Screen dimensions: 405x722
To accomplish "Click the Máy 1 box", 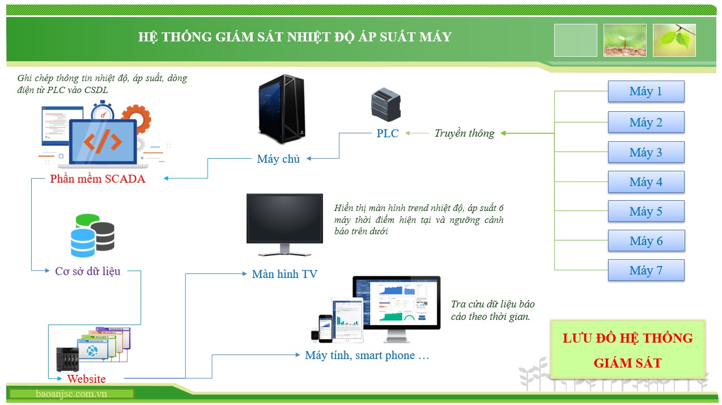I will tap(646, 91).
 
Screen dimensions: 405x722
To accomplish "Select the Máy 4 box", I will tap(646, 182).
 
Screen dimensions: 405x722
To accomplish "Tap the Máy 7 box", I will tap(646, 271).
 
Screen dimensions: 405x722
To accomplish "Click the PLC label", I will tap(388, 134).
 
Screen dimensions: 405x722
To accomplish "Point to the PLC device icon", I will tap(385, 104).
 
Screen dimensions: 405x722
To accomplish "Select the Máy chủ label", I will tap(278, 159).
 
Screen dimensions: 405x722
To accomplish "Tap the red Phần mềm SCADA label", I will tap(97, 179).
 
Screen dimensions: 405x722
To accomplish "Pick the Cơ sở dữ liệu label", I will tap(88, 271).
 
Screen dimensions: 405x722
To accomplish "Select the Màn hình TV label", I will tap(284, 275).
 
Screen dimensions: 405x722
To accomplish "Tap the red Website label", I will tap(86, 379).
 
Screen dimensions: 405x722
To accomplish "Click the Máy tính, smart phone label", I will tap(367, 356).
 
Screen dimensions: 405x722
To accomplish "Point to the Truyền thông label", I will tap(464, 134).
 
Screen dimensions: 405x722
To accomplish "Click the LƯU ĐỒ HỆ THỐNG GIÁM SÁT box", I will tap(627, 349).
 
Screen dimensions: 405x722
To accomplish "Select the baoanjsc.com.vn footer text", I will tap(71, 394).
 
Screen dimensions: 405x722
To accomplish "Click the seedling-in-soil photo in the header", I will tap(625, 40).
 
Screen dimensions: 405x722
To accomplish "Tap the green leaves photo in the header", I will tap(674, 40).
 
